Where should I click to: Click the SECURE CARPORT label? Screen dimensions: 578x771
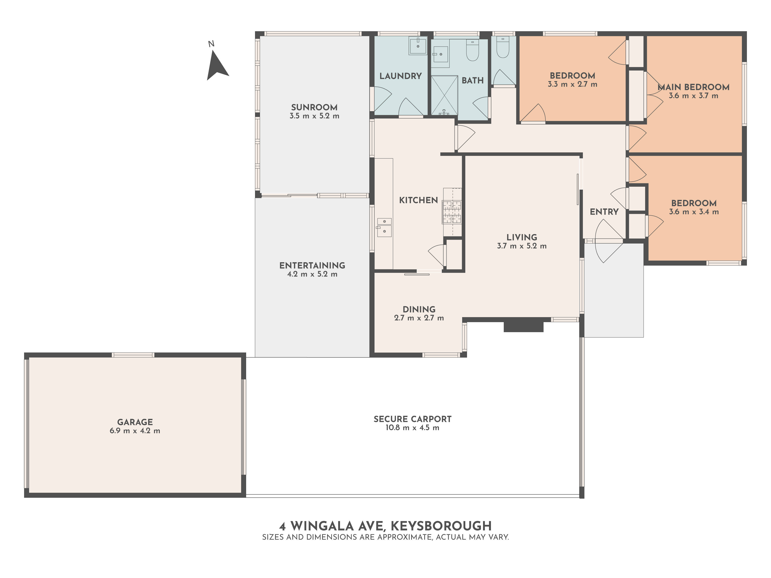(x=412, y=419)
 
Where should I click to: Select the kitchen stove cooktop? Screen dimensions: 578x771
(x=452, y=212)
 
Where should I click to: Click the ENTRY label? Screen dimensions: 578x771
(x=604, y=212)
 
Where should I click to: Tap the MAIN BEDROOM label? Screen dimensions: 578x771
(x=694, y=87)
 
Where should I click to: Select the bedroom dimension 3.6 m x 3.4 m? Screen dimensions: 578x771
(x=694, y=212)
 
